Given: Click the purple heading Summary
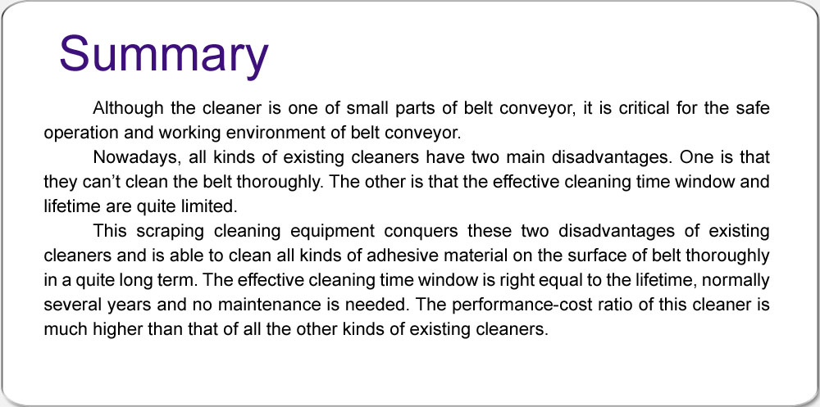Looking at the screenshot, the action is click(164, 55).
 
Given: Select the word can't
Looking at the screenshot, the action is click(92, 182).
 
